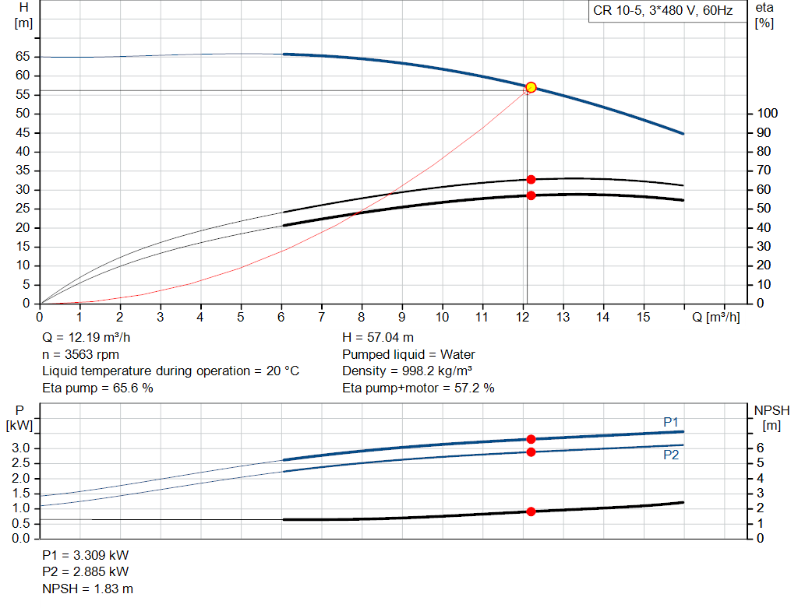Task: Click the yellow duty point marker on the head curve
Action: (x=531, y=87)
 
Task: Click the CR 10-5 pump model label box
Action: (x=662, y=12)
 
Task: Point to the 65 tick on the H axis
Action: (x=21, y=57)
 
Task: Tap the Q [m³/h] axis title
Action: (x=716, y=317)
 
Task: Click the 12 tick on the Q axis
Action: (x=523, y=317)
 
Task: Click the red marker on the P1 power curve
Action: (x=531, y=439)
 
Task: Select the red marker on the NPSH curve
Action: (x=531, y=511)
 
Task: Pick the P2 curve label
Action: (x=671, y=455)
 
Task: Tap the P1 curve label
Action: (x=671, y=422)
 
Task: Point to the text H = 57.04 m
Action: (x=378, y=338)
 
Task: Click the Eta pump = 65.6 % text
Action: (x=97, y=388)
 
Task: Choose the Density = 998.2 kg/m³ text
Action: (x=408, y=371)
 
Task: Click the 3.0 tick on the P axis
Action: (x=21, y=448)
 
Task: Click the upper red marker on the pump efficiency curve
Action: (x=531, y=180)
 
